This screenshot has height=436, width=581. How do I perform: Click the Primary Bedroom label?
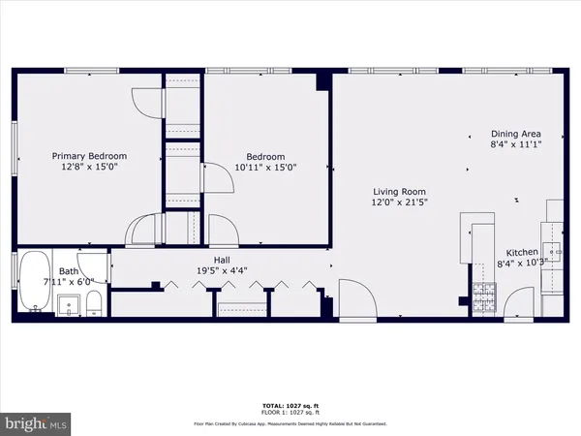pos(89,156)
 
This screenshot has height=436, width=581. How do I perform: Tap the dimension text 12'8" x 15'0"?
pos(89,167)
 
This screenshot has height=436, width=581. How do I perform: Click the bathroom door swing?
pos(93,265)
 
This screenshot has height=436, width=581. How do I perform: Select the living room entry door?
pos(354,296)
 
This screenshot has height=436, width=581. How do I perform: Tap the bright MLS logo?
pos(36,422)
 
